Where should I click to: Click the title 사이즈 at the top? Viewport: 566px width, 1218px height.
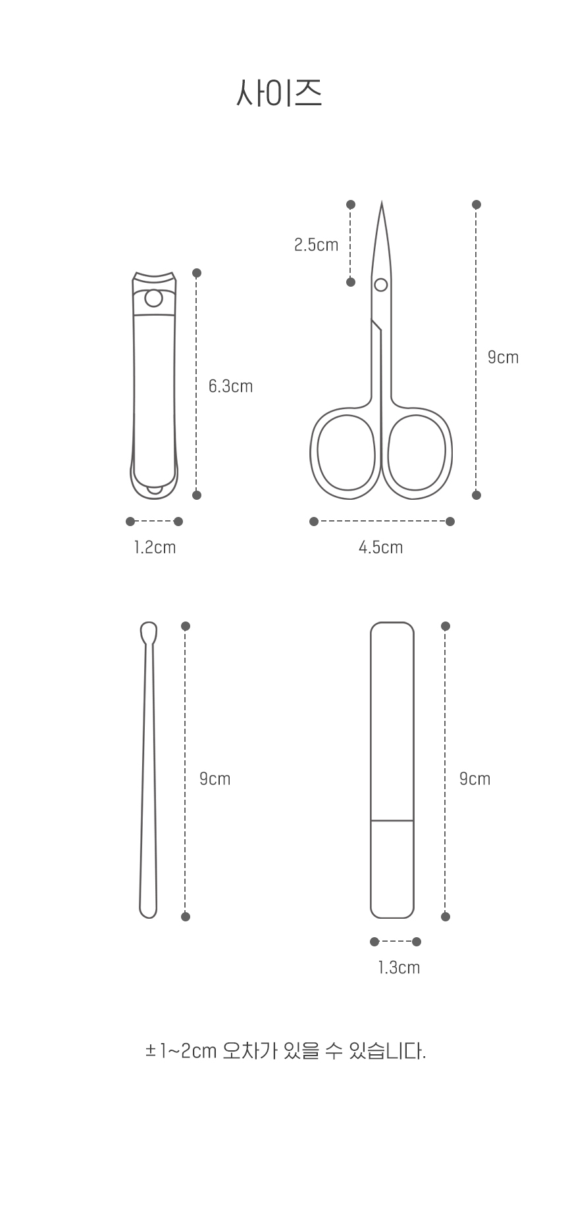pos(279,93)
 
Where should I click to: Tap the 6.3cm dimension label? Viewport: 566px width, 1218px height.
pos(230,386)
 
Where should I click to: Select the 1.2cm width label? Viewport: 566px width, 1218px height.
pos(155,547)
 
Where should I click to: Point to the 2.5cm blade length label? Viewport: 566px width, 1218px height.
pos(316,245)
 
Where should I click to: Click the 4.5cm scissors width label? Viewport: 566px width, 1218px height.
pos(380,547)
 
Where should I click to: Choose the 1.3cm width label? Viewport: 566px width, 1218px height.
pos(399,967)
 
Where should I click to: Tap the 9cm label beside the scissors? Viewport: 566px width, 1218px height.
pos(503,357)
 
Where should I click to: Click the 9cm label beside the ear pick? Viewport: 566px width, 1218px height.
pos(215,779)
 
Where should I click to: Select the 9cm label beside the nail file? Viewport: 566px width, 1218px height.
pos(475,779)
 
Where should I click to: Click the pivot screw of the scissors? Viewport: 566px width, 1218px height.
pos(380,285)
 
